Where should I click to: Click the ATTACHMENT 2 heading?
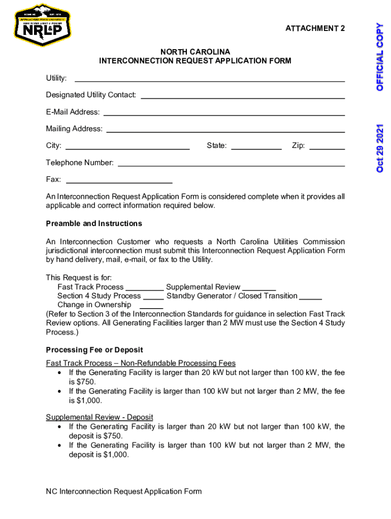pyautogui.click(x=315, y=28)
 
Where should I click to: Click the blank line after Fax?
pyautogui.click(x=119, y=181)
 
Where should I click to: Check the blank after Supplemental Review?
pyautogui.click(x=259, y=289)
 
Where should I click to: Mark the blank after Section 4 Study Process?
pyautogui.click(x=153, y=298)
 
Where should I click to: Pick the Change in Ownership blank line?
pyautogui.click(x=151, y=307)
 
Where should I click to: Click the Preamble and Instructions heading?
pyautogui.click(x=94, y=224)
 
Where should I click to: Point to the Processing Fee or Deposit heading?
pyautogui.click(x=94, y=350)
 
